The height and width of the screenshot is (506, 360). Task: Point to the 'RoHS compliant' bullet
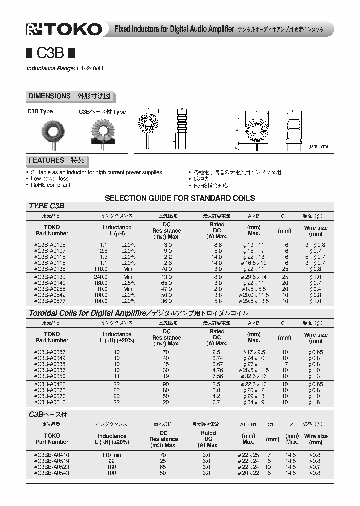pos(50,185)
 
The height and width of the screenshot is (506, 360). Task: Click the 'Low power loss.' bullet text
pos(50,178)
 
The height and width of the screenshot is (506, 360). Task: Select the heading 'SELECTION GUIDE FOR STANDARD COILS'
pos(180,198)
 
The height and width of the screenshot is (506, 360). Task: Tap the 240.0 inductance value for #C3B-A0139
pos(101,276)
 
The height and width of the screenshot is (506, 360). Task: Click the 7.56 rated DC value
pos(217,376)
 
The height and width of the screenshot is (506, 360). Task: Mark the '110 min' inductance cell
pos(112,455)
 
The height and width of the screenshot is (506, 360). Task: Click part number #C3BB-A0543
pos(52,473)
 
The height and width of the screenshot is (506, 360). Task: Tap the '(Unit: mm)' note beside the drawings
pos(318,146)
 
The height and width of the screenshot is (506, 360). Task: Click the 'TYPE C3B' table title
pos(47,205)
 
